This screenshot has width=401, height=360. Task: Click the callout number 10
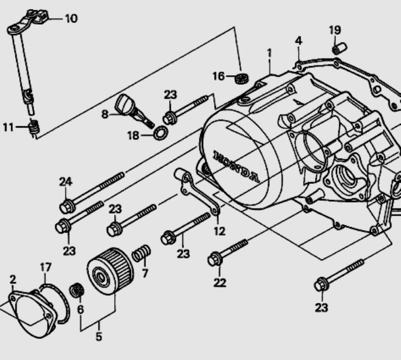[x=72, y=19]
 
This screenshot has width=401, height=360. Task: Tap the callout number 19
[x=335, y=30]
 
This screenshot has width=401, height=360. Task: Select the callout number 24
[x=66, y=182]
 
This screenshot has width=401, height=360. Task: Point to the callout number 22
[x=220, y=282]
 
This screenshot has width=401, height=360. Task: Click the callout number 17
[x=46, y=267]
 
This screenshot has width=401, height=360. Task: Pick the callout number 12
[x=219, y=231]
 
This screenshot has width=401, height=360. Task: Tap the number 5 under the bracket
[x=99, y=337]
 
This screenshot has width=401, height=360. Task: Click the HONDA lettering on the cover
[x=236, y=166]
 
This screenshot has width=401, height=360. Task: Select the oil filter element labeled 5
[x=110, y=271]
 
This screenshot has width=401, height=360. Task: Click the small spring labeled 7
[x=141, y=253]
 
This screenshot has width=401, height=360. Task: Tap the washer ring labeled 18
[x=161, y=133]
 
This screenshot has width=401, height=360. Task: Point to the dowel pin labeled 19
[x=339, y=49]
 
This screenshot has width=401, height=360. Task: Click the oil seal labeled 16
[x=242, y=78]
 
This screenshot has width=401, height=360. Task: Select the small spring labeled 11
[x=34, y=127]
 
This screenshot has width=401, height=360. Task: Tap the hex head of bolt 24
[x=67, y=206]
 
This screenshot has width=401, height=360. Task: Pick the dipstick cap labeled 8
[x=134, y=110]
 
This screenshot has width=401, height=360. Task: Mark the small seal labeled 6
[x=77, y=290]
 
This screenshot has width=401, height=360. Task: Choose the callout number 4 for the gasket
[x=298, y=41]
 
